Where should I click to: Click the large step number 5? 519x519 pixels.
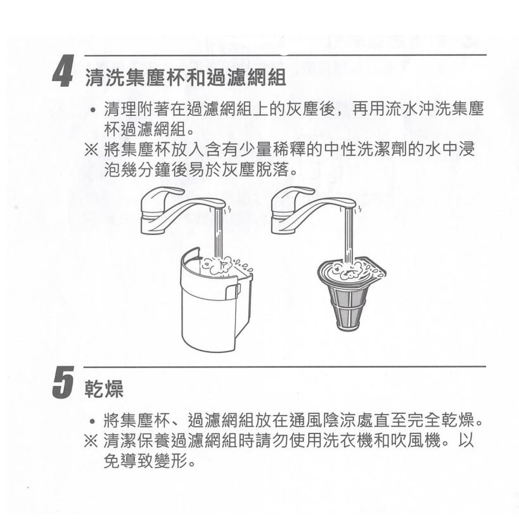(x=63, y=383)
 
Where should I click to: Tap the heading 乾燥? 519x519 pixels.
(x=104, y=388)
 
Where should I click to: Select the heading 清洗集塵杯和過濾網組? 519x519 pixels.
(x=186, y=78)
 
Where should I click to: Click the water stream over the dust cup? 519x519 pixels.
(x=219, y=233)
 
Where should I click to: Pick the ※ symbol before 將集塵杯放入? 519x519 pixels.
(x=91, y=150)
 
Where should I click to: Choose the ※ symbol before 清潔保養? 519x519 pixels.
(x=91, y=441)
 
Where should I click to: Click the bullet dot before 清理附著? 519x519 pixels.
(x=94, y=110)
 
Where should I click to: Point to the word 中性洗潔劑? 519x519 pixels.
(x=365, y=150)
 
